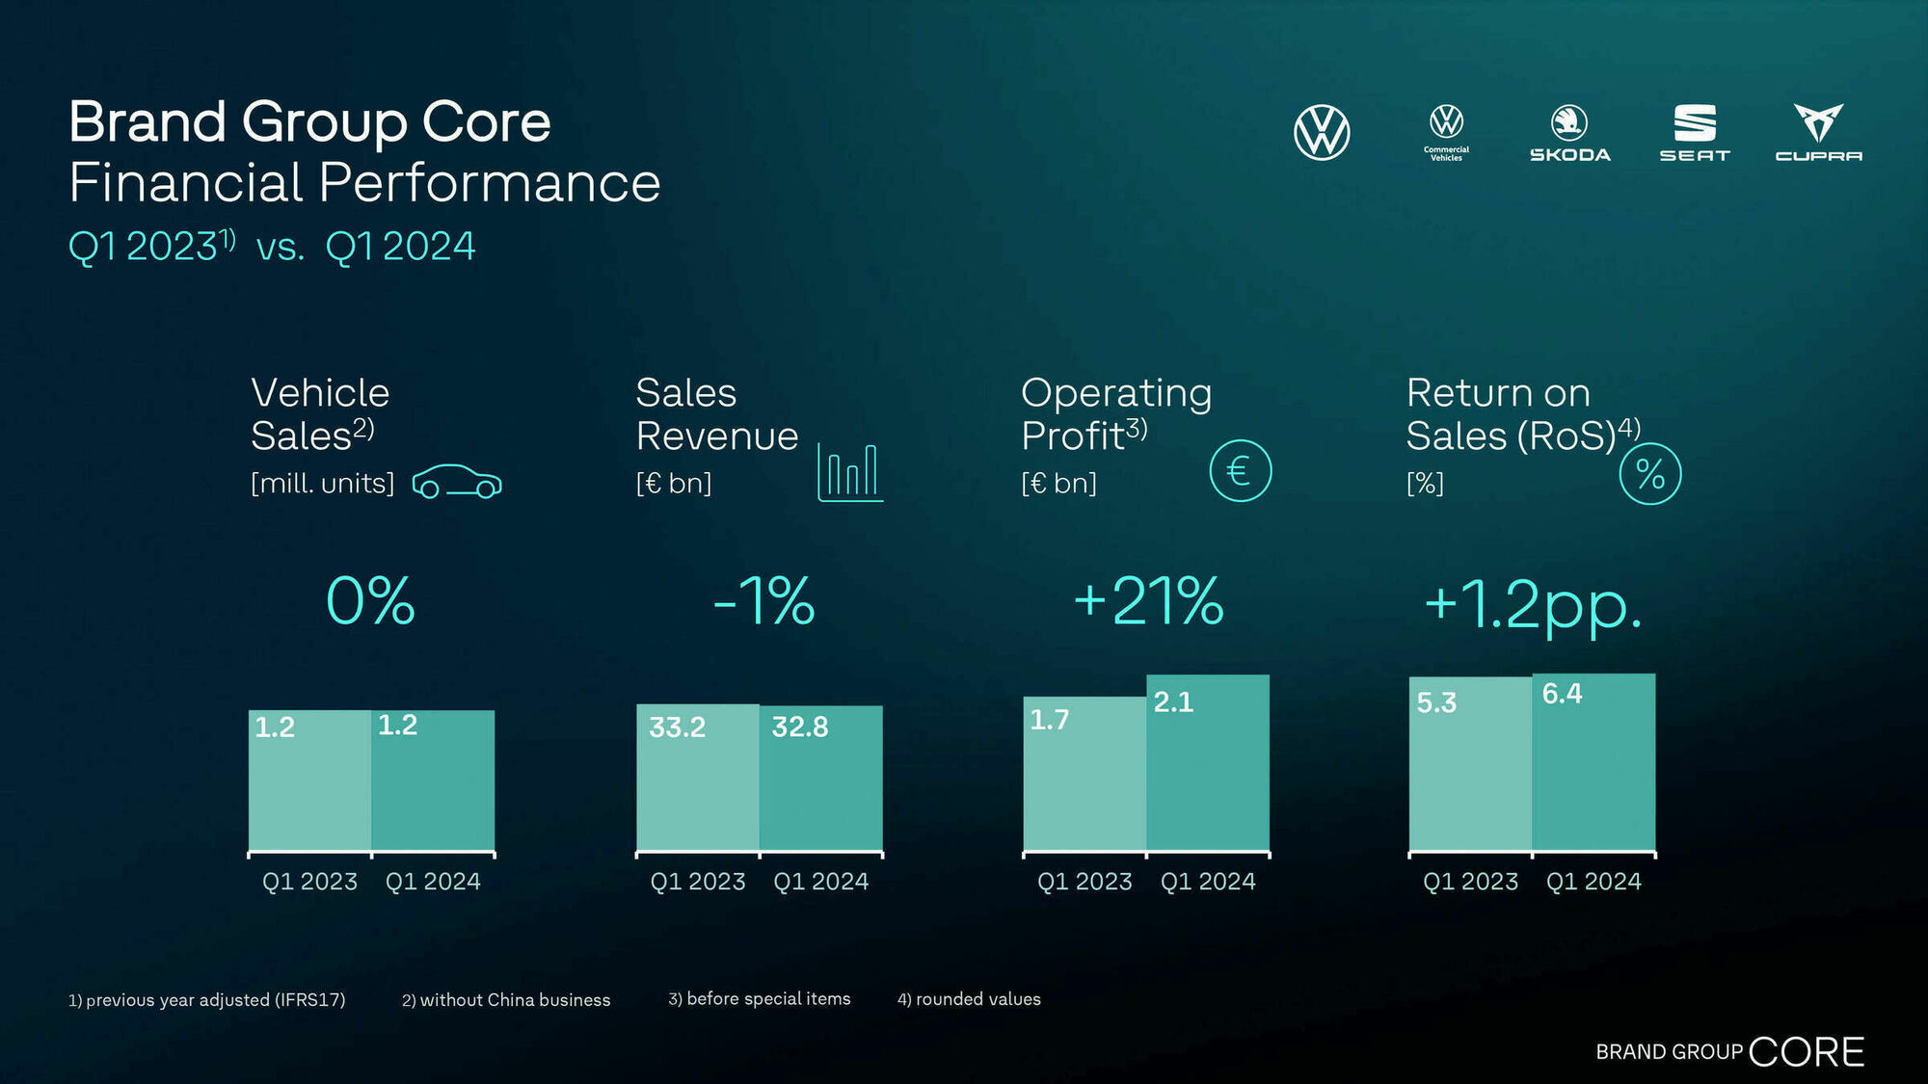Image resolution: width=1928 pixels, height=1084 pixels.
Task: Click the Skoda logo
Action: (1569, 133)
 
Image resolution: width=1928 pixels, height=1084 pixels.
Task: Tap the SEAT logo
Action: (1695, 133)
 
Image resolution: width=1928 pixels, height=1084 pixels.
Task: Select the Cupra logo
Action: (1818, 133)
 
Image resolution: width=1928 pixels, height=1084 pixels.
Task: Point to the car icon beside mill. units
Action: (457, 482)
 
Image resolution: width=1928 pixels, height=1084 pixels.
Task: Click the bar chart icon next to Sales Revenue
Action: (849, 472)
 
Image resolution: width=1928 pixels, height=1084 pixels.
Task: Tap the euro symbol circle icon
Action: (1240, 471)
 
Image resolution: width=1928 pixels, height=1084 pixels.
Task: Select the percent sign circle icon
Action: (1649, 474)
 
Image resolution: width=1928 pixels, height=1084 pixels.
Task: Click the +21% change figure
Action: (1148, 601)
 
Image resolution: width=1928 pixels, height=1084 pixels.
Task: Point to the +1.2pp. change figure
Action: (1533, 605)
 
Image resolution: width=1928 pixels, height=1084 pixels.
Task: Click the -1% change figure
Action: (763, 601)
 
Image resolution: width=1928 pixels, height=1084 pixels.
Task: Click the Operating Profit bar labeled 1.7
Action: (1084, 775)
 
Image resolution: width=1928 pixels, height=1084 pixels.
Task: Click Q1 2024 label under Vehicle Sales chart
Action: (433, 882)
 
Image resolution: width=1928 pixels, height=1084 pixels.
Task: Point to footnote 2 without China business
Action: (506, 1000)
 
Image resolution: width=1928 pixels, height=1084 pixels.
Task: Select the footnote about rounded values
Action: (969, 999)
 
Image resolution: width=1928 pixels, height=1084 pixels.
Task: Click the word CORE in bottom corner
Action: (1806, 1051)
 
